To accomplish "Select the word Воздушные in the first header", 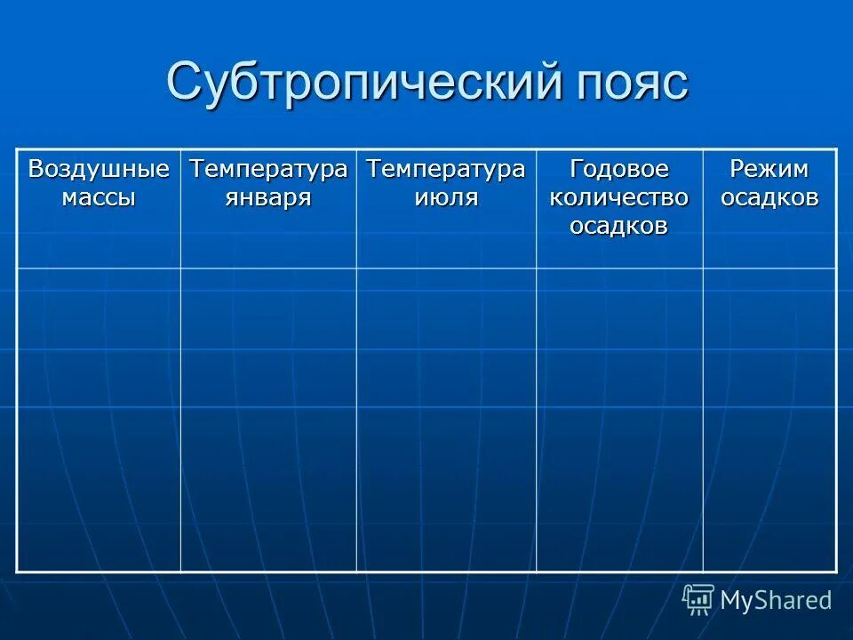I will (x=99, y=169).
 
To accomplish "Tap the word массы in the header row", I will (x=99, y=197).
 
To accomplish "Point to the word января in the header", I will (x=268, y=197).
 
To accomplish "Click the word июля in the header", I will (x=446, y=197).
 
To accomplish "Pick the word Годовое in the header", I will (x=618, y=169).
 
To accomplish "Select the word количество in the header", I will (x=618, y=197).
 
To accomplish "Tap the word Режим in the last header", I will (x=769, y=169).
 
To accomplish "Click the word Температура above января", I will (x=268, y=169).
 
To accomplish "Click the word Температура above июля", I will (x=446, y=169).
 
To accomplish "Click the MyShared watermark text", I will (x=776, y=600).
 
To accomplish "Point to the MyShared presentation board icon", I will (x=698, y=600).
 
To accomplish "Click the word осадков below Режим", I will (x=769, y=197).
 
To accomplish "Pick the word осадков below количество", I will (x=618, y=226).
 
